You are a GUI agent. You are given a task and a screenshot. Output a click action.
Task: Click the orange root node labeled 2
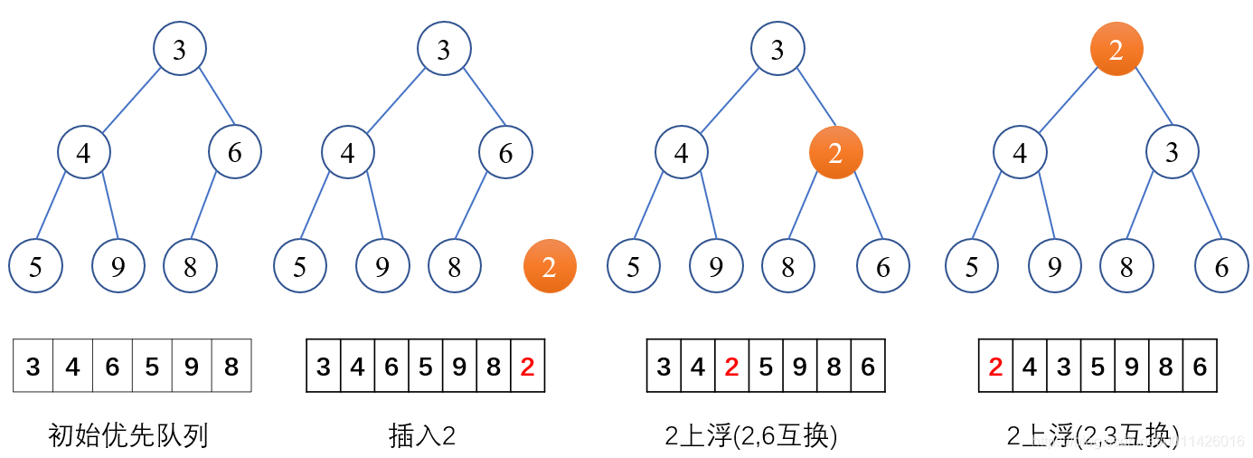(1116, 50)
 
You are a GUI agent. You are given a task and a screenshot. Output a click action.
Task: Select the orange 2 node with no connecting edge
(550, 266)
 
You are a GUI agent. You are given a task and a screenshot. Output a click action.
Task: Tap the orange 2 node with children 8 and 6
(835, 152)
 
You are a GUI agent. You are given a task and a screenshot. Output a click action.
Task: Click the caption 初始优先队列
(127, 436)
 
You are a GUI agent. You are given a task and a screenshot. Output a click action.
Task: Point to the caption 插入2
(421, 436)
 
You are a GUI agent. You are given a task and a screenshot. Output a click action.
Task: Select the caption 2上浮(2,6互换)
(750, 436)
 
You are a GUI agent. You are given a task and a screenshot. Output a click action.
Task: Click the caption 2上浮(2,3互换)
(1093, 436)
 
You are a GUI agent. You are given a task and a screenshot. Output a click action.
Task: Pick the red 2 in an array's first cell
(995, 366)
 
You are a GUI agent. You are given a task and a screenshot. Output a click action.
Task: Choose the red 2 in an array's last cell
(528, 366)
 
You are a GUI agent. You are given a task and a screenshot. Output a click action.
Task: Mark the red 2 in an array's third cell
(732, 366)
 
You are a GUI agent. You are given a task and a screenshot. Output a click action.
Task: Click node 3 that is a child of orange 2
(1173, 152)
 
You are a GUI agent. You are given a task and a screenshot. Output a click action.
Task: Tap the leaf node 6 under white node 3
(1221, 266)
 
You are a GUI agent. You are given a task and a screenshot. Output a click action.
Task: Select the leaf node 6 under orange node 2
(883, 266)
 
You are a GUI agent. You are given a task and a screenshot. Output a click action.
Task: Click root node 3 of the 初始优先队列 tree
(179, 49)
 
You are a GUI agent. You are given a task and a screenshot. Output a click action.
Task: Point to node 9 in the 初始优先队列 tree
(118, 266)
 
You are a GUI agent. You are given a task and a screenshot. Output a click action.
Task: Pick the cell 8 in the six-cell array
(231, 366)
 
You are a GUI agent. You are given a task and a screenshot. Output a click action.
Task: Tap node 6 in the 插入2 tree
(505, 152)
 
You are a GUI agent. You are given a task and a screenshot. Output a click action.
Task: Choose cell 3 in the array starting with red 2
(1064, 366)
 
